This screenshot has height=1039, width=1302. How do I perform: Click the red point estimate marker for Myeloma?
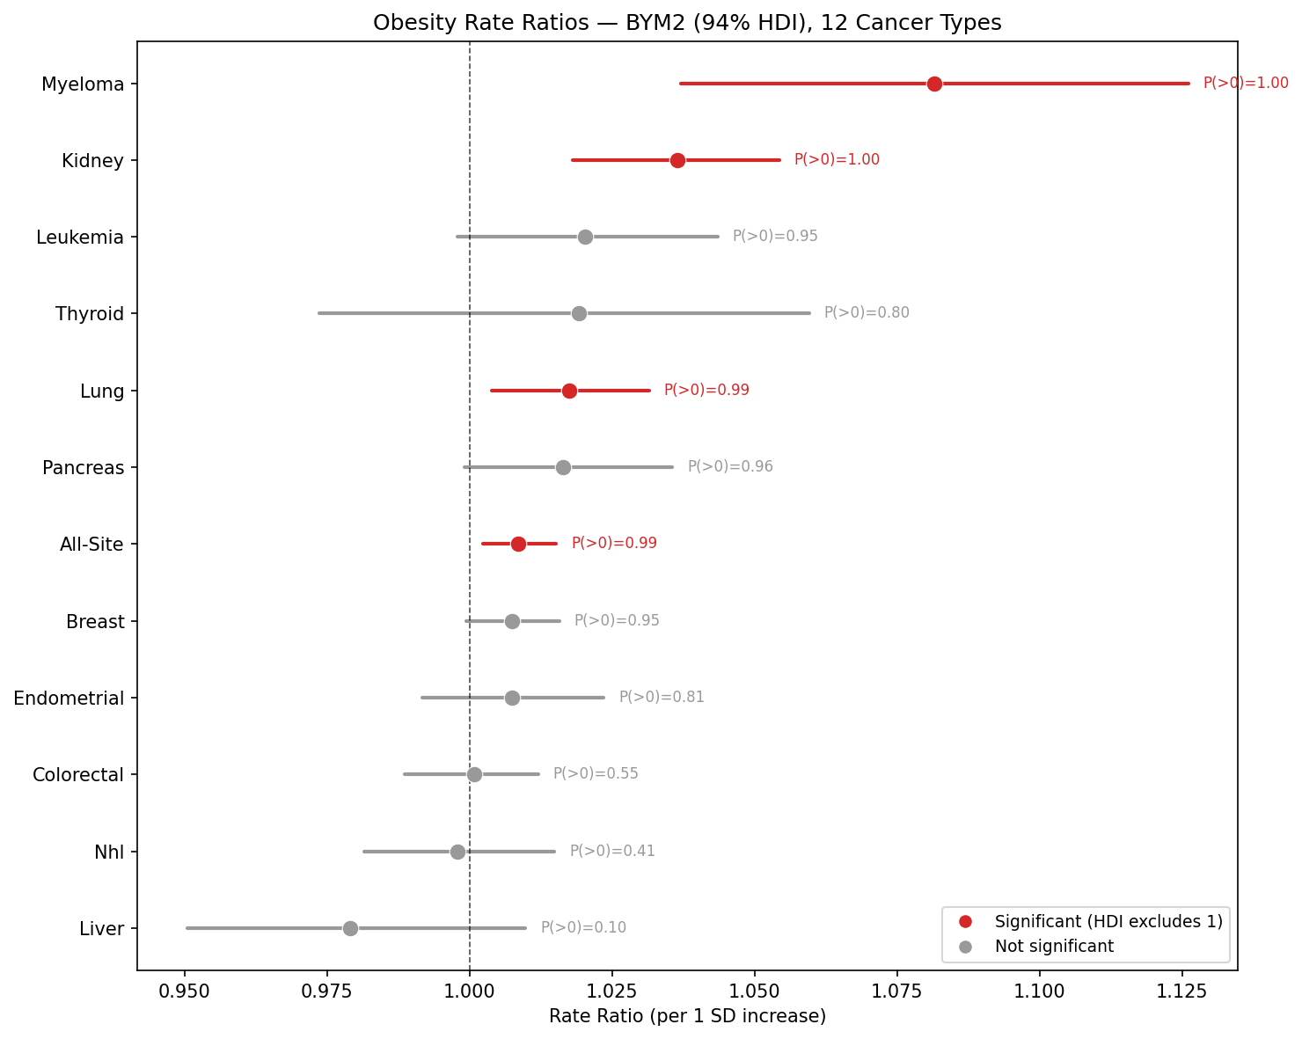coord(934,84)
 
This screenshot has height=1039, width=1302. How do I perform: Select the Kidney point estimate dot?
coord(677,160)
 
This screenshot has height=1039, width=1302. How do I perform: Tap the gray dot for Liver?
coord(350,928)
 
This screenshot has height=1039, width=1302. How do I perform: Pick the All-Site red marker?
coord(518,544)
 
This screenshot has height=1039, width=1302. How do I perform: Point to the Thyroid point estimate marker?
coord(579,313)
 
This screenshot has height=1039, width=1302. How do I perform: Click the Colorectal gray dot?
coord(474,774)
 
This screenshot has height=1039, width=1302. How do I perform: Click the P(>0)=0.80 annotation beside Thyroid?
coord(867,312)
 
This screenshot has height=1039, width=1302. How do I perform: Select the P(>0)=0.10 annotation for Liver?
coord(583,927)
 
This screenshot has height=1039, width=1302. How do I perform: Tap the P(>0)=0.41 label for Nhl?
coord(612,851)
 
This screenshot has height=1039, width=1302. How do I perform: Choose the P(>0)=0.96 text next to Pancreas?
coord(730,466)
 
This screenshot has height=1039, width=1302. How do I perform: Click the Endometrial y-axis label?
coord(69,699)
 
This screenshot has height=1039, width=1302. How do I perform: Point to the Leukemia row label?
coord(80,238)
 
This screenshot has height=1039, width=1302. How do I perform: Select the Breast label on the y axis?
coord(95,622)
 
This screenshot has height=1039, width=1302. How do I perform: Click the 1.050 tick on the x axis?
coord(755,991)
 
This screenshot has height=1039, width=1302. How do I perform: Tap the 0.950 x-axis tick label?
coord(184,991)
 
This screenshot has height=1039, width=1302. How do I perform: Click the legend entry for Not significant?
coord(1054,947)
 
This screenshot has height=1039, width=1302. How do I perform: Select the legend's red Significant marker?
coord(965,921)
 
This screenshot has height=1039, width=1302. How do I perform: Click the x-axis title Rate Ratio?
coord(687,1017)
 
